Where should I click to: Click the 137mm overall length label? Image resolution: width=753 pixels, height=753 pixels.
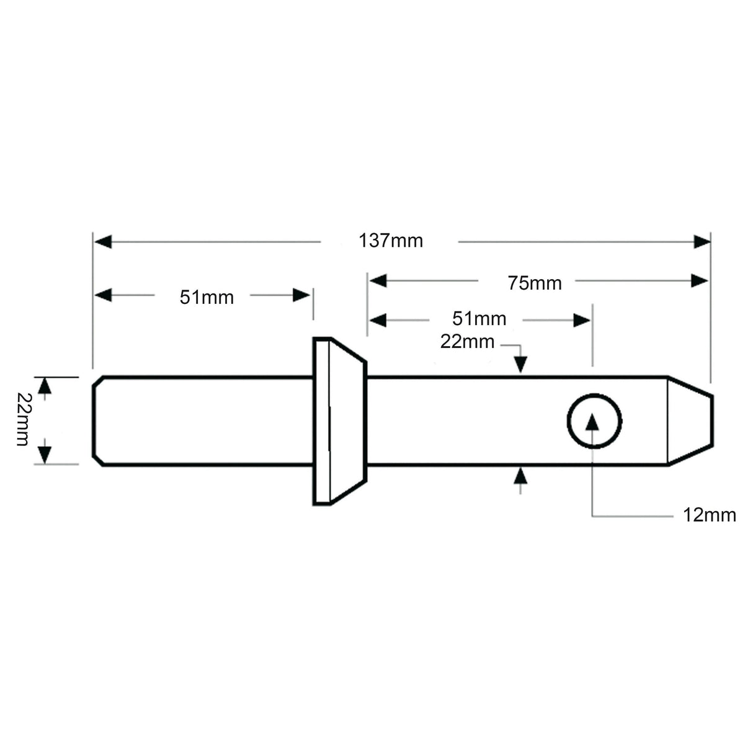coord(391,241)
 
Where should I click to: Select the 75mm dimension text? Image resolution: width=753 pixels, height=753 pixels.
coord(534,283)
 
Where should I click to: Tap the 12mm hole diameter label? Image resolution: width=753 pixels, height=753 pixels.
coord(709,515)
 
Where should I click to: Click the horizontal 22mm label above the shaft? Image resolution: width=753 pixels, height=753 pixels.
coord(467,341)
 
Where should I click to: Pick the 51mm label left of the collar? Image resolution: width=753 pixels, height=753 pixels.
coord(207,298)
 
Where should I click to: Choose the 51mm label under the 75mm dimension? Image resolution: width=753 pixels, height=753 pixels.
coord(479,319)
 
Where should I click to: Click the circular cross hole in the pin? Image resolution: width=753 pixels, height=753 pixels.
coord(594,421)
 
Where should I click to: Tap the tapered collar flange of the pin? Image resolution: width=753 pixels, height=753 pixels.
coord(338,421)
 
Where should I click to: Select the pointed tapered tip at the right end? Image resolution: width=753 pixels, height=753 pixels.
coord(689,421)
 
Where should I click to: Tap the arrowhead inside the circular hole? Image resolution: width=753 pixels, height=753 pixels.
coord(593,422)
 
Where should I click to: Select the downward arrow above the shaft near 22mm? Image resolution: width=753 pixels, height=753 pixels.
coord(520,364)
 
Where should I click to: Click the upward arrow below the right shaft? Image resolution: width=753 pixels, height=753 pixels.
coord(520,476)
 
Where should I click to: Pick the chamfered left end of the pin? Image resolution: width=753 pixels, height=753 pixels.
coord(98,421)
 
